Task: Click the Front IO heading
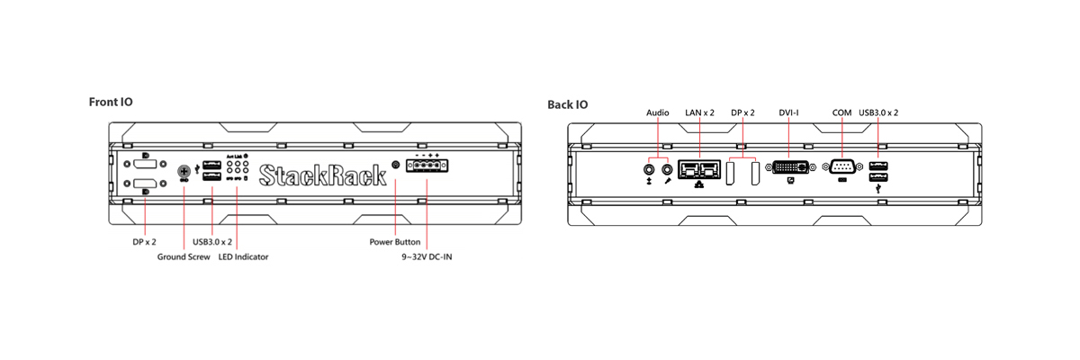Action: tap(111, 102)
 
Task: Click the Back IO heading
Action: tap(568, 104)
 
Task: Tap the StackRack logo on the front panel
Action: tap(322, 175)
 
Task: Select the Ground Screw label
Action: tap(184, 257)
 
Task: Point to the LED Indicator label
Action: tap(243, 257)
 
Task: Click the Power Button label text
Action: tap(396, 242)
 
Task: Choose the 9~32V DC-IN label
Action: tap(427, 257)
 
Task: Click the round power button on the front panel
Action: tap(396, 166)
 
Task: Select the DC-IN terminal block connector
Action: tap(427, 167)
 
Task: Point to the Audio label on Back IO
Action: tap(658, 112)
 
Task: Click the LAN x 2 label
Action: tap(700, 112)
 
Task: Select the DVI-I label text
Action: tap(788, 112)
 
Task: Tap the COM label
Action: tap(841, 112)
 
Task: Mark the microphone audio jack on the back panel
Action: tap(667, 167)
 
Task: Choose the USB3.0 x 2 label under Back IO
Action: tap(878, 112)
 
